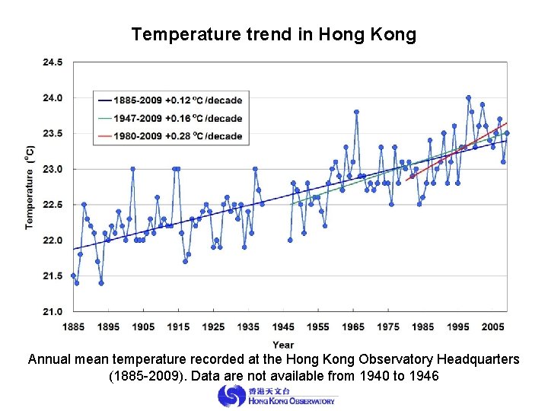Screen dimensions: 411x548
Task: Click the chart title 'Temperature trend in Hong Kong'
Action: [273, 34]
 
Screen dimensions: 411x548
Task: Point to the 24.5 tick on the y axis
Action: [52, 62]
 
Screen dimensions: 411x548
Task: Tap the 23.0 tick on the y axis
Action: [52, 169]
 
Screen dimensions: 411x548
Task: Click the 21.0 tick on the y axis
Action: [52, 311]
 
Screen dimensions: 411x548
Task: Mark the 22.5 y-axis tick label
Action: [52, 205]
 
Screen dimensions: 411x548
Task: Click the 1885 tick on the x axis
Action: [73, 327]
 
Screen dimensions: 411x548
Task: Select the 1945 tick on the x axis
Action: [283, 327]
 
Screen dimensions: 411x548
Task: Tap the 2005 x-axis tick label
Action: [493, 327]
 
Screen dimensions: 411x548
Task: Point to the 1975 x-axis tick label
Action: [388, 327]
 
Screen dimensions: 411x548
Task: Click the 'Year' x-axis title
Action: [283, 345]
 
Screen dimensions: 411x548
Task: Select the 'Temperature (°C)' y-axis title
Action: [30, 187]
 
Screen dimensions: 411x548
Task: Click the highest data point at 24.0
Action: [468, 97]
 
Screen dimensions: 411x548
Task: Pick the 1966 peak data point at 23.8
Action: [356, 112]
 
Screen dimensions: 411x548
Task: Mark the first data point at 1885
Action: [73, 276]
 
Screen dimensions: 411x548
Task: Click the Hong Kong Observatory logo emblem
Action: [231, 396]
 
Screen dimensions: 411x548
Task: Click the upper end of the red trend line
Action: [506, 123]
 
